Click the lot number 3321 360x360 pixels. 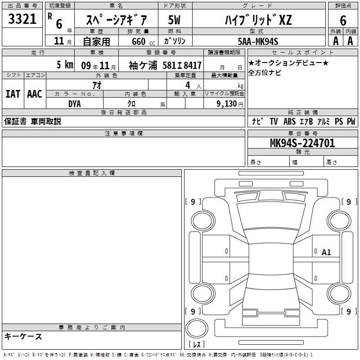pos(22,19)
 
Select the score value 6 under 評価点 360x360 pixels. pos(343,21)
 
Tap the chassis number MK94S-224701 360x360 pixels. pos(302,143)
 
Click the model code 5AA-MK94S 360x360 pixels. pos(258,41)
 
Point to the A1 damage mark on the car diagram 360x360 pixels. pos(326,252)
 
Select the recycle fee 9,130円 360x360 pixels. pos(230,104)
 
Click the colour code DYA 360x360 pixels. pos(75,104)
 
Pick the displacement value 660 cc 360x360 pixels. pos(143,41)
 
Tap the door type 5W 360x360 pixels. pos(174,20)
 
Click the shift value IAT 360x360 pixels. pos(13,94)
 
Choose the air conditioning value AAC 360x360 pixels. pos(35,94)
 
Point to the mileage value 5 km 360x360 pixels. pos(65,64)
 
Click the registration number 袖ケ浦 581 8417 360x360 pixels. pos(165,65)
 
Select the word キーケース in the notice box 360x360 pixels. pos(23,336)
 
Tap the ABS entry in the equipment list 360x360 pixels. pos(289,121)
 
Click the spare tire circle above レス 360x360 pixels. pos(197,328)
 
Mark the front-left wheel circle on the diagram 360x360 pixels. pos(203,221)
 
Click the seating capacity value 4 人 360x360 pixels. pos(193,85)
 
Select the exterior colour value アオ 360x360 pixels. pos(97,85)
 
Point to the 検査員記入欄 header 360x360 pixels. pos(92,173)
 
